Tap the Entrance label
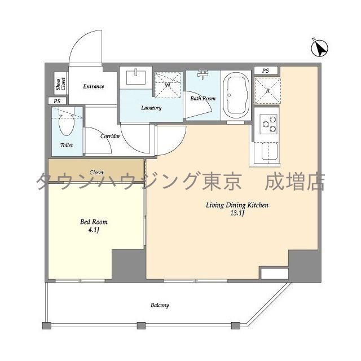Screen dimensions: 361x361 coord(94,86)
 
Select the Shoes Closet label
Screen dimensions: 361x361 coord(60,84)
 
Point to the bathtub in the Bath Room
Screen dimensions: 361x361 coord(237,95)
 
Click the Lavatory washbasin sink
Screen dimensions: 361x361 coord(137,77)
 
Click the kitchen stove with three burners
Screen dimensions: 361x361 coord(268,124)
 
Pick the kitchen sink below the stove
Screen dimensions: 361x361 coord(268,151)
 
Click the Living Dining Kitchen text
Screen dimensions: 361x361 coord(236,205)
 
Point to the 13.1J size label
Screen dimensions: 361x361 coord(237,214)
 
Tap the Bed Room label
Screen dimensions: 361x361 coord(94,222)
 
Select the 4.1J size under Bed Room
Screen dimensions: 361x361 coord(94,230)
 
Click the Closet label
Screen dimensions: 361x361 coord(96,173)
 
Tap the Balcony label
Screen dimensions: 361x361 coord(160,305)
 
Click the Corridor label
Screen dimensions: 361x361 coord(111,136)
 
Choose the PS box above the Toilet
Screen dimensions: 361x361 coord(56,101)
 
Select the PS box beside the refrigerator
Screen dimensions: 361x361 coord(266,71)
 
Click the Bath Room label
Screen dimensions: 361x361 coord(202,98)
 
